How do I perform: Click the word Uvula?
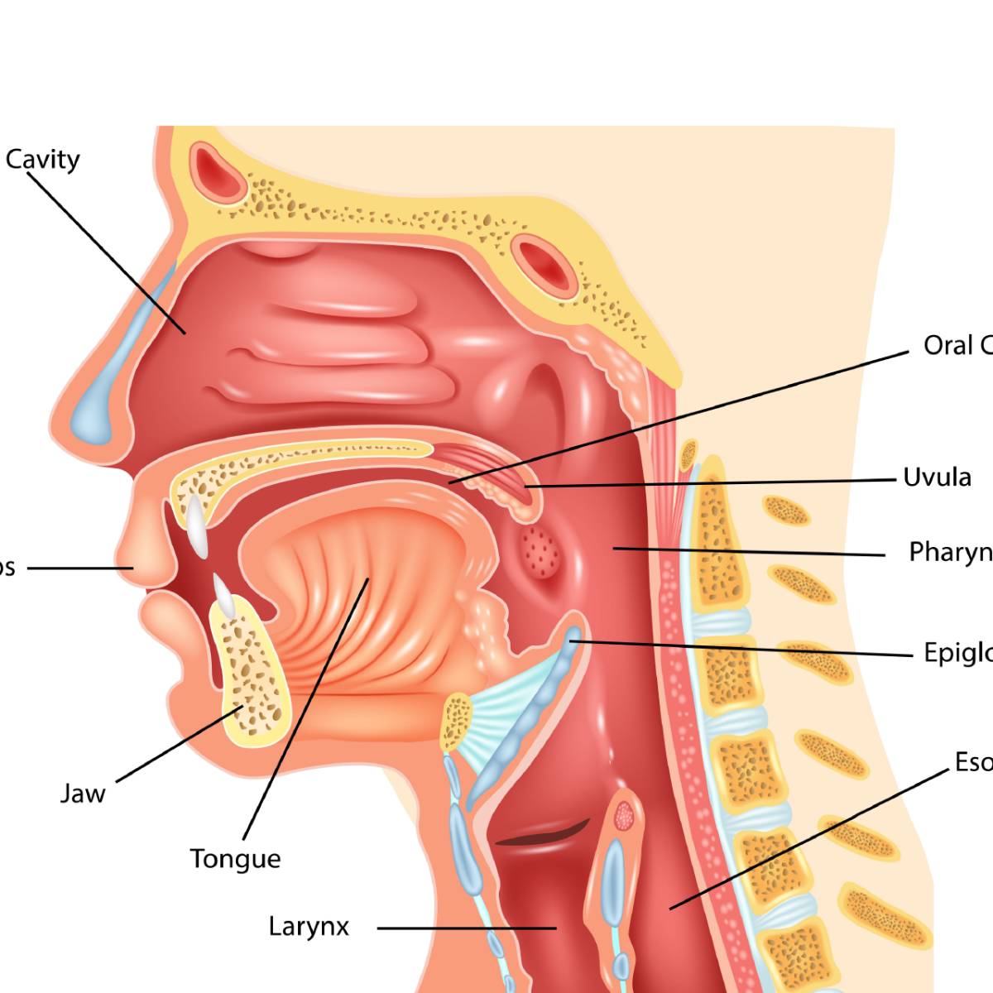pyautogui.click(x=937, y=477)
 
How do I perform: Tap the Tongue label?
pyautogui.click(x=235, y=859)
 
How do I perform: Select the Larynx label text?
pyautogui.click(x=309, y=926)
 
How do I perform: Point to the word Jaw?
pyautogui.click(x=83, y=794)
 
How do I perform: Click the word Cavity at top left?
pyautogui.click(x=43, y=159)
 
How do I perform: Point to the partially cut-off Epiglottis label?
pyautogui.click(x=958, y=653)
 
